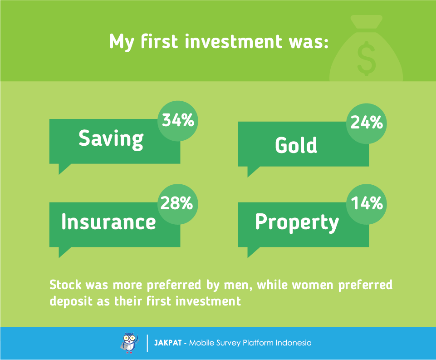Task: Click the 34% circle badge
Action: point(178,121)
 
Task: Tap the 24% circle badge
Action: point(367,123)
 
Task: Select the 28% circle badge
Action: point(178,204)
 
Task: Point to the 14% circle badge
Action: point(367,204)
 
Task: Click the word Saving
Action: point(111,139)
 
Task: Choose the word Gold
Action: point(296,145)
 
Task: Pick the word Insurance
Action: point(108,222)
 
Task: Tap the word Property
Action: point(297,223)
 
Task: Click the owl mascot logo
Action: point(129,343)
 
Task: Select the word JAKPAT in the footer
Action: point(168,343)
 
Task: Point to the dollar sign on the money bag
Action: point(366,59)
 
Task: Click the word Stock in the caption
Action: point(66,285)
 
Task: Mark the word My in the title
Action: point(122,43)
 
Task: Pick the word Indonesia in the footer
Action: point(294,343)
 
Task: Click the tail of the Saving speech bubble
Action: point(63,168)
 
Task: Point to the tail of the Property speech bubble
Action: point(252,251)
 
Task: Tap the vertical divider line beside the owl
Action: point(147,343)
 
